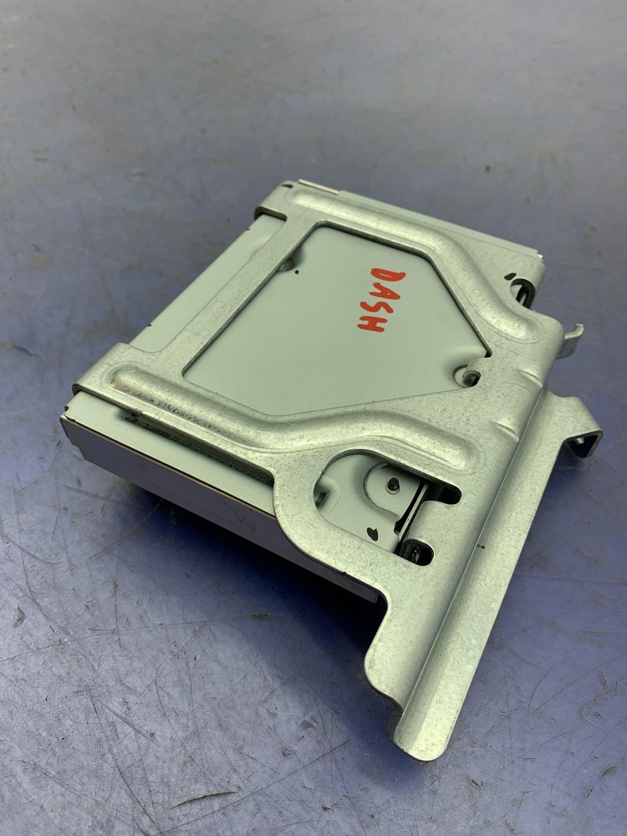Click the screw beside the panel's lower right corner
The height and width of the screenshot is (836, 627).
tap(471, 377)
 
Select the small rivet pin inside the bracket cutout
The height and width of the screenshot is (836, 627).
tap(390, 482)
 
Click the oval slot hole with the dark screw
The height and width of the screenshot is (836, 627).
tap(415, 550)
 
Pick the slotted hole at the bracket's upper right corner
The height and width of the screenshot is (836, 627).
tap(523, 288)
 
